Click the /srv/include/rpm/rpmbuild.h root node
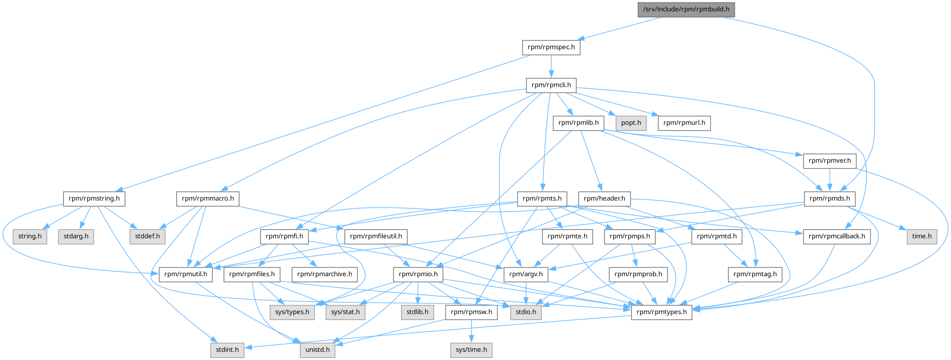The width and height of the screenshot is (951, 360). tap(686, 9)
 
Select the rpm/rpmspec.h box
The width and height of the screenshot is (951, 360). tap(551, 47)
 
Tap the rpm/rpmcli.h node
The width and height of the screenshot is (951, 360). tap(551, 85)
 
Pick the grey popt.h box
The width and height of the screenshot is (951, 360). tap(631, 123)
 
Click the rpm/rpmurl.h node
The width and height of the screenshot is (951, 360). tap(684, 123)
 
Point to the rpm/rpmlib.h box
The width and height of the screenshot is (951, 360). tap(578, 123)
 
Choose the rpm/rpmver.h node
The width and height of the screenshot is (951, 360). tap(829, 160)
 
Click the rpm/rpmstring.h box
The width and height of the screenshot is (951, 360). tap(94, 198)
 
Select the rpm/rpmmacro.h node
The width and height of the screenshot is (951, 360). tap(207, 198)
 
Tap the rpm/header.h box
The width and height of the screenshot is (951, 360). tap(604, 198)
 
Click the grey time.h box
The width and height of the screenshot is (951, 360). tap(921, 236)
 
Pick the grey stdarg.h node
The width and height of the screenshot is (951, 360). tap(76, 236)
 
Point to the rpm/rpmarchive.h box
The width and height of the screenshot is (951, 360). tap(324, 274)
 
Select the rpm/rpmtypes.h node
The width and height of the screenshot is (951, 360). tap(661, 312)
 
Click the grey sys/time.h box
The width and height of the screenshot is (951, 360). tap(471, 350)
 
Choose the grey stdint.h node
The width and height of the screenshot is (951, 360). tap(227, 350)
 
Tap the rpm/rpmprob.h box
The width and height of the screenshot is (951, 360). tap(638, 274)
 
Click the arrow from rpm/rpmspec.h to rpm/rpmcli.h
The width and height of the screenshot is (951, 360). tap(551, 66)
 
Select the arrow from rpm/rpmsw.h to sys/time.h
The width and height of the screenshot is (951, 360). tap(471, 331)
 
